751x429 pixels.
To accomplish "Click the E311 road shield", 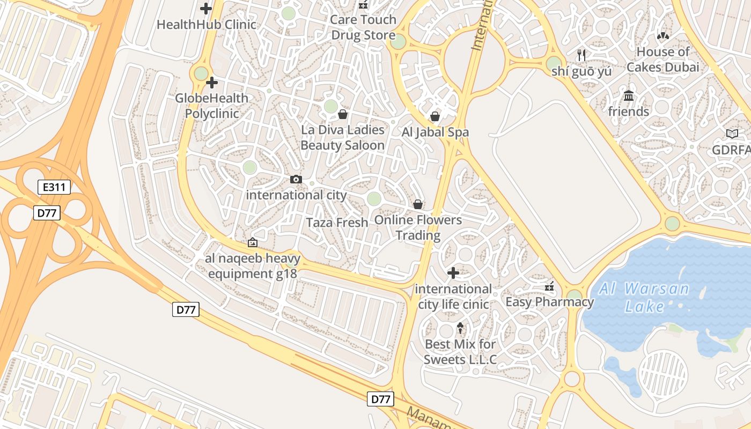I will [x=54, y=187].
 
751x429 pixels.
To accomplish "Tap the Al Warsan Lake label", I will [x=644, y=298].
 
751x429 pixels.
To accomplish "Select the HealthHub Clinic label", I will [x=207, y=25].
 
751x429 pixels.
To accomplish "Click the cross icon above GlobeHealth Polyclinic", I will [x=212, y=83].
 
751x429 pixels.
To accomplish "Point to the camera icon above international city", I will [x=296, y=179].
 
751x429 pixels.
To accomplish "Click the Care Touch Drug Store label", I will [x=363, y=28].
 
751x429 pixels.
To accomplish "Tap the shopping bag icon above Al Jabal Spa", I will [x=435, y=116].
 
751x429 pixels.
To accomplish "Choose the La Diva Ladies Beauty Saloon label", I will [x=342, y=137].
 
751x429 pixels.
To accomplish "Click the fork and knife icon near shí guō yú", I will [x=581, y=55].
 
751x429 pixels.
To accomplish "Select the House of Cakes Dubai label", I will [x=663, y=60].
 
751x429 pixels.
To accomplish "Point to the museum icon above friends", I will [x=629, y=96].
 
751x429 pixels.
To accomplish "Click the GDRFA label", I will [x=731, y=151].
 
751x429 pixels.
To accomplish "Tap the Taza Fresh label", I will [x=337, y=223].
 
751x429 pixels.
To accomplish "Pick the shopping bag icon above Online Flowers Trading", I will [x=418, y=204].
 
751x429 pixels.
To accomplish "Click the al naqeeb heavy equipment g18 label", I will [x=253, y=267].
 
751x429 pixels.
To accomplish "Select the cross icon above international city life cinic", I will [x=453, y=273].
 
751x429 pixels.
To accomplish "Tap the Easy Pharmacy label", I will [x=550, y=302].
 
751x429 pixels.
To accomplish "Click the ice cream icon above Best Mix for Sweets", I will [x=460, y=328].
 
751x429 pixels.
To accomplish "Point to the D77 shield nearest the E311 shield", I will [x=47, y=213].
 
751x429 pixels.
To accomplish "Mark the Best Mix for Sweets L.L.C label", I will [x=460, y=352].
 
